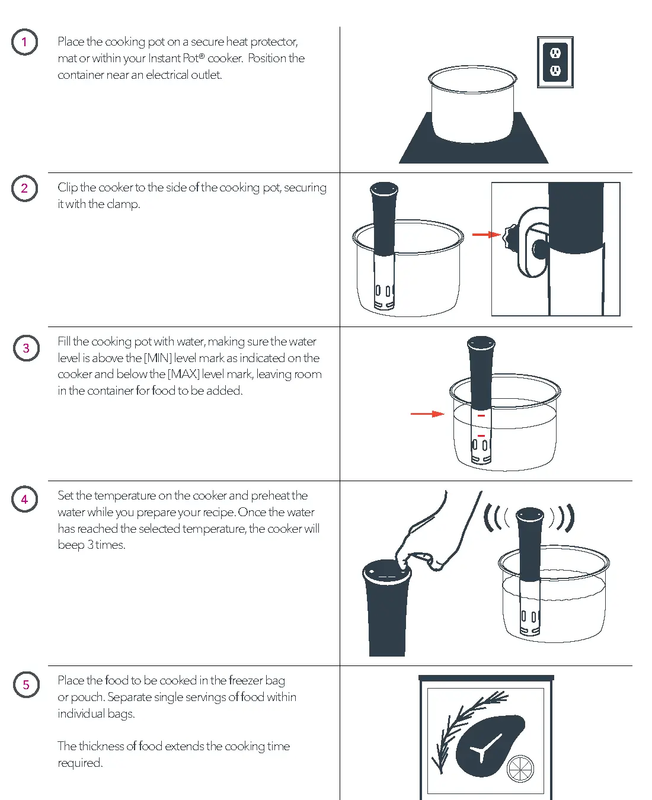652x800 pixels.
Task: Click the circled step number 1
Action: click(24, 42)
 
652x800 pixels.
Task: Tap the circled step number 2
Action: click(24, 188)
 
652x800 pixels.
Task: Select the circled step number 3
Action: click(25, 348)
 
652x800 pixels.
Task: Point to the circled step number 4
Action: click(24, 500)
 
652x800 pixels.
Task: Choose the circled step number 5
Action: click(26, 684)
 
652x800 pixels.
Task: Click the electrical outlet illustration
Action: click(555, 62)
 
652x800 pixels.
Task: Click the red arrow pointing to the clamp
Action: click(486, 235)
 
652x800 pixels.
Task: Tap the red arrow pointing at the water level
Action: click(427, 414)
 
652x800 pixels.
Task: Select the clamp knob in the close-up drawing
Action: click(509, 238)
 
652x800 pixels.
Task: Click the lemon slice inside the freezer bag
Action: click(521, 769)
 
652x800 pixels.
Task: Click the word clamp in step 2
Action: click(123, 204)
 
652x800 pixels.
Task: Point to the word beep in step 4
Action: click(71, 545)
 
